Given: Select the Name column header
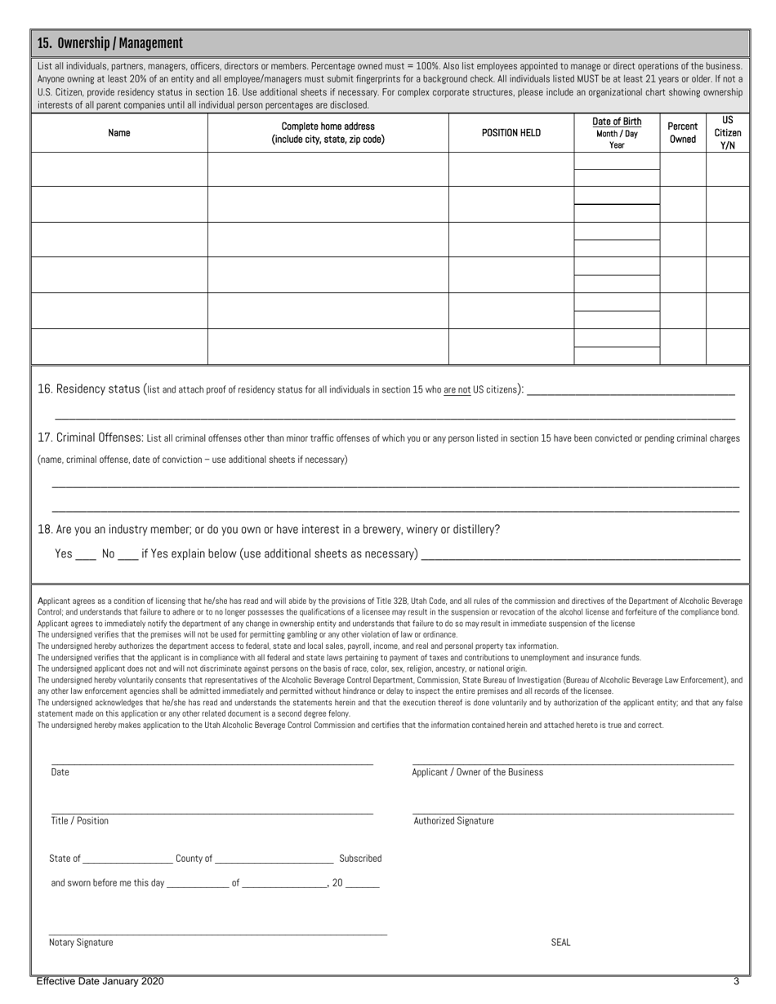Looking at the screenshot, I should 119,133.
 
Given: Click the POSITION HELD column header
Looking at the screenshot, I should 511,133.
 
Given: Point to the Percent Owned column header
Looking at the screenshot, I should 682,132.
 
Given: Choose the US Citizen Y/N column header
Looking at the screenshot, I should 728,132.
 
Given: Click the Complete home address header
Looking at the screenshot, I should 328,132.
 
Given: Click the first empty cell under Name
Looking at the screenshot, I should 119,169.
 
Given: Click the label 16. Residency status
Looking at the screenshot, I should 90,389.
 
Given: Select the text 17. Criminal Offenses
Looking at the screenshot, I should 91,438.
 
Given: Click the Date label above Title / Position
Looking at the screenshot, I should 60,772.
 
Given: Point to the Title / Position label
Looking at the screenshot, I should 79,821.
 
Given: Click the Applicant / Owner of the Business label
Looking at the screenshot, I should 477,772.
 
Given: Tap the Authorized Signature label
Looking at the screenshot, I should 453,821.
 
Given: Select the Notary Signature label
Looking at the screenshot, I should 81,943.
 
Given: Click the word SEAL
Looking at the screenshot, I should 560,943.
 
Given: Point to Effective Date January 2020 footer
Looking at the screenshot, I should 100,982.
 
